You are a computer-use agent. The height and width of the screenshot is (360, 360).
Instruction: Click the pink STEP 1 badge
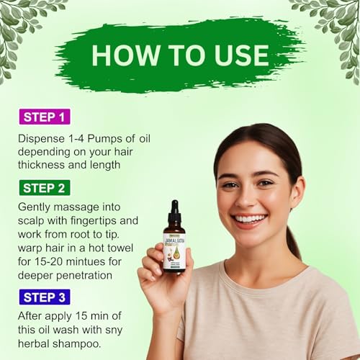pyautogui.click(x=45, y=117)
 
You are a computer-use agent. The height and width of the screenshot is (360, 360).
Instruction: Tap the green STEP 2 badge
pyautogui.click(x=45, y=188)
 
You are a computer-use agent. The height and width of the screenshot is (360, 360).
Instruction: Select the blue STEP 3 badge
pyautogui.click(x=45, y=297)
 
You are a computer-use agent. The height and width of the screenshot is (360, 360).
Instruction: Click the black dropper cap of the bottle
pyautogui.click(x=174, y=210)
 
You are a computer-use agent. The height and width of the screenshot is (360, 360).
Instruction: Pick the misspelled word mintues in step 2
pyautogui.click(x=93, y=261)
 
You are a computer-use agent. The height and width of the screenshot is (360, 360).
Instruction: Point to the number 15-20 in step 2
pyautogui.click(x=48, y=261)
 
